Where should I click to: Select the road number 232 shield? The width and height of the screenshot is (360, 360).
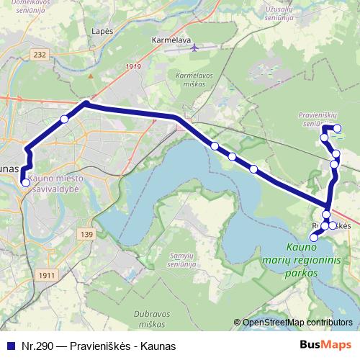pyautogui.click(x=40, y=54)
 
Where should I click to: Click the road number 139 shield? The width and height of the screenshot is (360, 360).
pyautogui.click(x=87, y=235)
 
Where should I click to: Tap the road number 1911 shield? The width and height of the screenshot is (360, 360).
pyautogui.click(x=48, y=275)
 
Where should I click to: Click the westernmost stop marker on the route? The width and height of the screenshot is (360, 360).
pyautogui.click(x=25, y=182)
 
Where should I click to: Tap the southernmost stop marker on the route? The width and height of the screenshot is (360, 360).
pyautogui.click(x=313, y=238)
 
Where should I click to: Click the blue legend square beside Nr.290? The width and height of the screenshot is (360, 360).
pyautogui.click(x=9, y=346)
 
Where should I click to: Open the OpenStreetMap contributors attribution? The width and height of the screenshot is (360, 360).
pyautogui.click(x=297, y=323)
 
